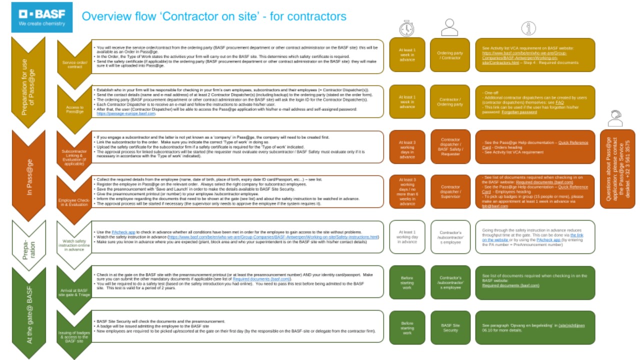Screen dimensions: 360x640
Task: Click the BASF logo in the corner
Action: tap(41, 17)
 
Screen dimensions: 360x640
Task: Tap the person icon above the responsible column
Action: tap(449, 27)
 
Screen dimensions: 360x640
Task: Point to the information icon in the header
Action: tap(528, 28)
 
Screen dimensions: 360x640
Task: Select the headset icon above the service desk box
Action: tap(615, 118)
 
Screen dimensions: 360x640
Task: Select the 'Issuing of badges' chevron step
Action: tap(74, 334)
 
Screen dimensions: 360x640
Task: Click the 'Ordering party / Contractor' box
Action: tap(450, 55)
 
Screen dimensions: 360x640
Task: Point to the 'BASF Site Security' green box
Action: tap(450, 327)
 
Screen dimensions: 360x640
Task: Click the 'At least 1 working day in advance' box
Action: tap(407, 237)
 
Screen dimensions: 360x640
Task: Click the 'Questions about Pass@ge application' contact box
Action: tap(617, 169)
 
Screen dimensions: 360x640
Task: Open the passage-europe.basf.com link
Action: tap(126, 114)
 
